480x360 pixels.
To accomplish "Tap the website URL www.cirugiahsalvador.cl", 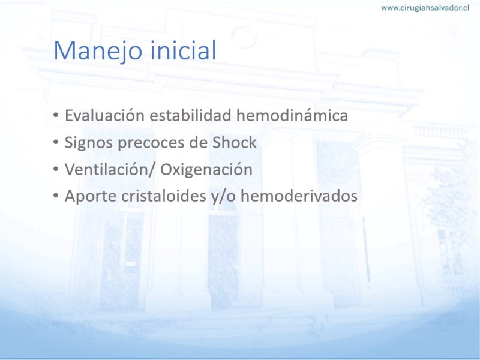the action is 425,8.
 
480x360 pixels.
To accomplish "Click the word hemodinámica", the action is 292,116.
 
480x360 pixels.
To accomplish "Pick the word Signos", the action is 89,143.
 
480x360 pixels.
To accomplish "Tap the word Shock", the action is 235,142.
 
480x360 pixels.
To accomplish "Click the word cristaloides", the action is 164,196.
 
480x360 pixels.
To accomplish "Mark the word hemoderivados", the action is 299,196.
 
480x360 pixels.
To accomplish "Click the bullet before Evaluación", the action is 55,115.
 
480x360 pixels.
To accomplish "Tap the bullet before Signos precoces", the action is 55,142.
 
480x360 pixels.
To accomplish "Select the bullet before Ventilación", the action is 55,169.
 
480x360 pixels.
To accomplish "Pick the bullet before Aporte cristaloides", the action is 55,196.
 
